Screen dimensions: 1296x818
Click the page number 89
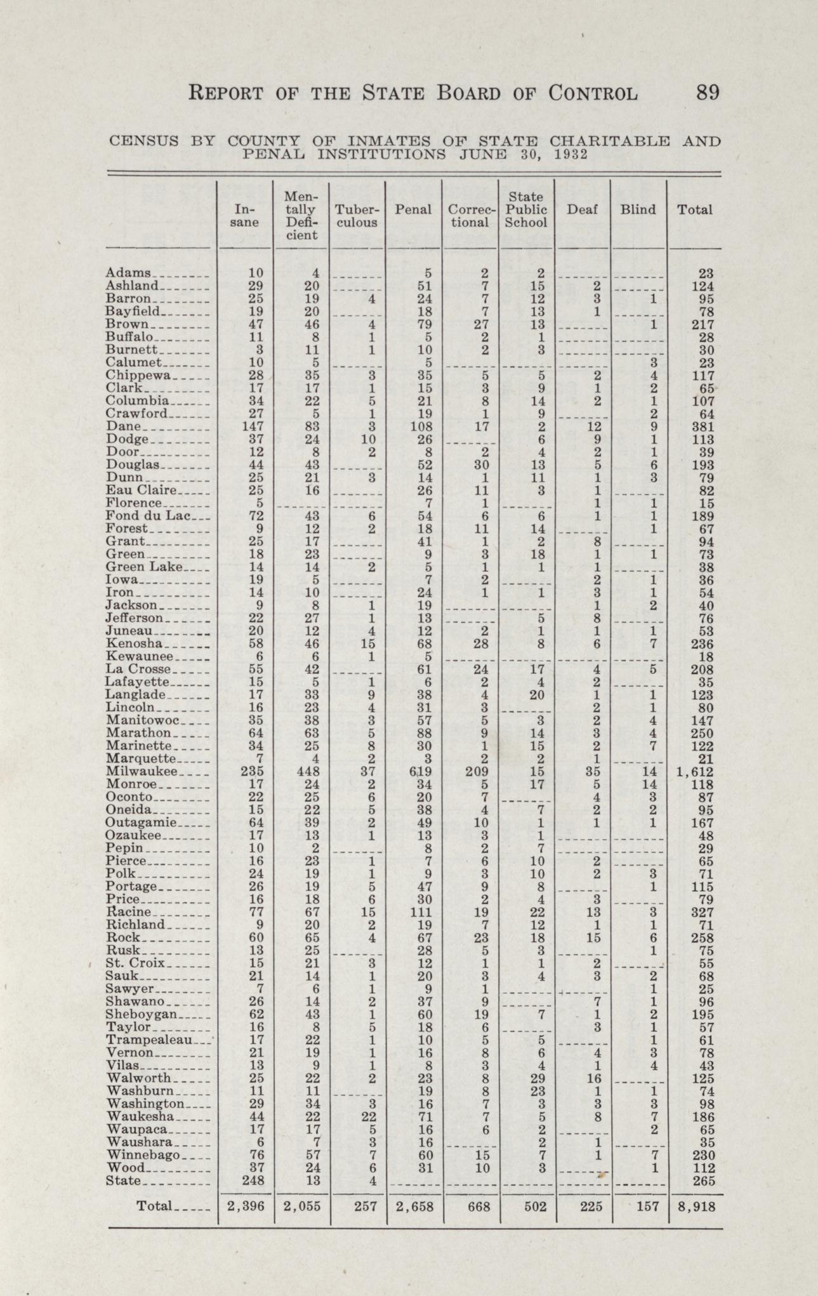[x=708, y=93]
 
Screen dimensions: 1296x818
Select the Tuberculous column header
[x=357, y=216]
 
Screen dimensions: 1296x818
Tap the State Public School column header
[x=526, y=209]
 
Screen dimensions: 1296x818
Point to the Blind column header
[x=638, y=209]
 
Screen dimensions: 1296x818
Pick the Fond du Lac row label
[x=144, y=515]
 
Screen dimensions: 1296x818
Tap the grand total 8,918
[x=696, y=1207]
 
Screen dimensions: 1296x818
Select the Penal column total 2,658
[x=415, y=1207]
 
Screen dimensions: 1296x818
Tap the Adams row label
[x=128, y=273]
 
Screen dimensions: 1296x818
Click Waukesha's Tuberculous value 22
[x=366, y=1116]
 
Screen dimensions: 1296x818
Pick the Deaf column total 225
[x=591, y=1207]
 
